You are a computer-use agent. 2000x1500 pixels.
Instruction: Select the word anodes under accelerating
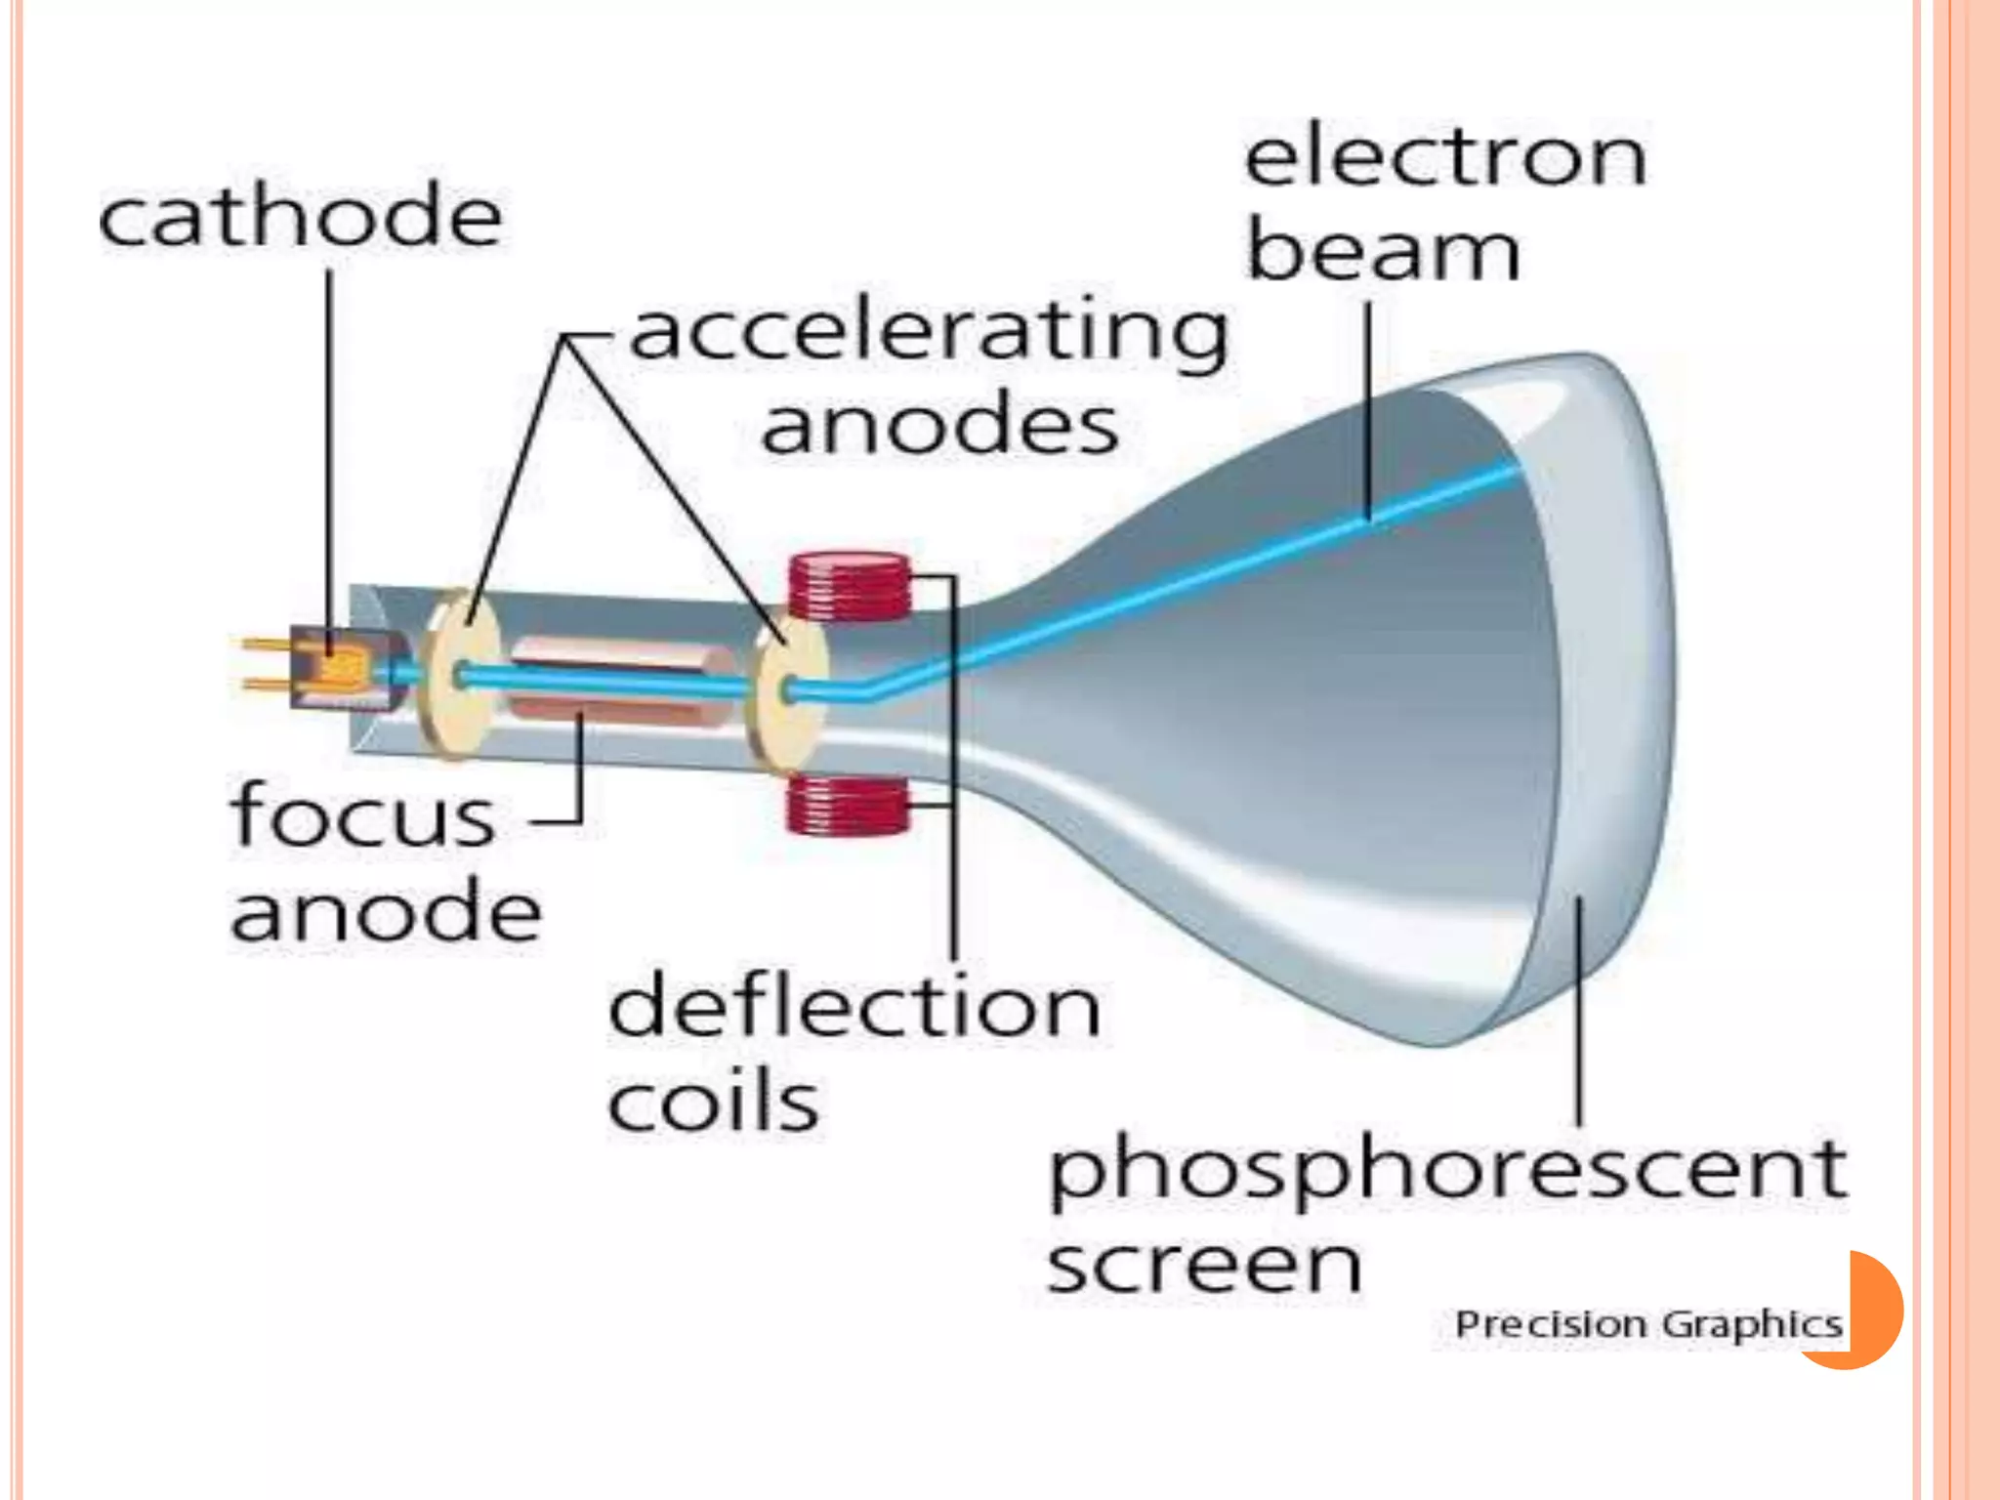point(939,426)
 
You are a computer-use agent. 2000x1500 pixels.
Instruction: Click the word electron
point(1446,158)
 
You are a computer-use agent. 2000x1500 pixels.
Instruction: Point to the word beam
point(1384,251)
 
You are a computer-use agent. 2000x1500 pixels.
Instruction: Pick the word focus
point(363,815)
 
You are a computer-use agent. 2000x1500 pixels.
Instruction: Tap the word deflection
point(854,1006)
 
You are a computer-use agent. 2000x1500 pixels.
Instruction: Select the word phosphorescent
point(1447,1172)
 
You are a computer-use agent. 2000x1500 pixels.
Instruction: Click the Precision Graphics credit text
point(1648,1325)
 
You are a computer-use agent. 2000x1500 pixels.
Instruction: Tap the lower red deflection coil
point(847,805)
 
